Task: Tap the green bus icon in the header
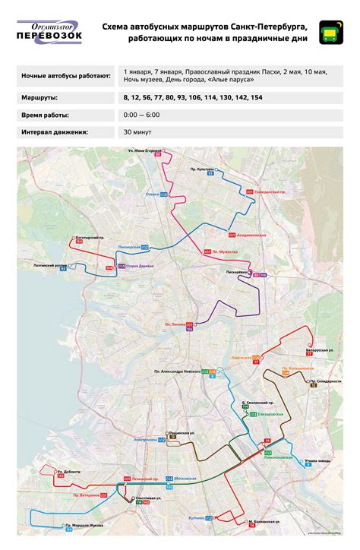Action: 330,32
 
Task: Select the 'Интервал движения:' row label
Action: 50,131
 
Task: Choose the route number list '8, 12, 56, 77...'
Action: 193,98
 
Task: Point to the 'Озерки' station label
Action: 153,194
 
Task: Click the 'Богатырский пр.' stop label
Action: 90,238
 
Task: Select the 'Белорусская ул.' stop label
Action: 321,350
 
